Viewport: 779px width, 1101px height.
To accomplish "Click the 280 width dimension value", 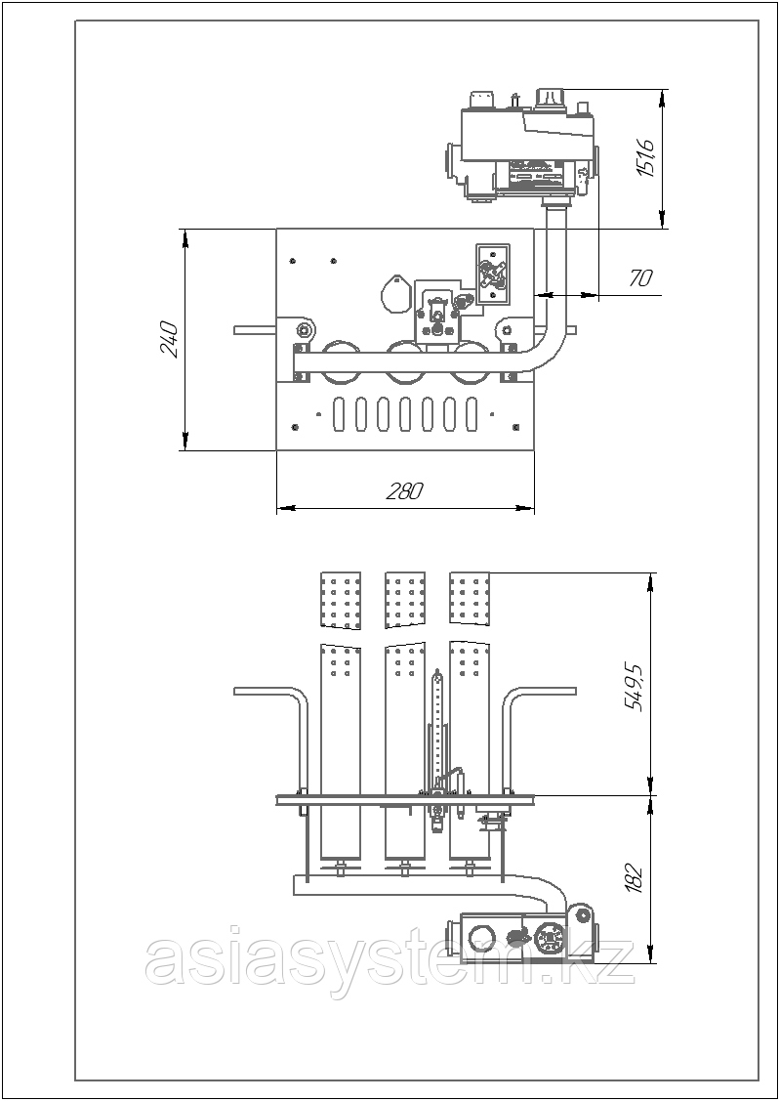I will [404, 492].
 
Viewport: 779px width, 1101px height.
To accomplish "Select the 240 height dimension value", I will [168, 339].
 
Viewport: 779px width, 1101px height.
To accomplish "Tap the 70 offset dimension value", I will [640, 278].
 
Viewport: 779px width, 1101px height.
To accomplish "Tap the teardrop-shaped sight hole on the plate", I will [394, 292].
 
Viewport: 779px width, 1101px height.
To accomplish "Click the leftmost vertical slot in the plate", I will [339, 415].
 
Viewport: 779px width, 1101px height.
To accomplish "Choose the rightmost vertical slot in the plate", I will [471, 415].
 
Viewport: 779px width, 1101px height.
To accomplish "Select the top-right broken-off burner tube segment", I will [470, 598].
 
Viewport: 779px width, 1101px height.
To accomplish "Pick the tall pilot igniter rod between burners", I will [438, 723].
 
